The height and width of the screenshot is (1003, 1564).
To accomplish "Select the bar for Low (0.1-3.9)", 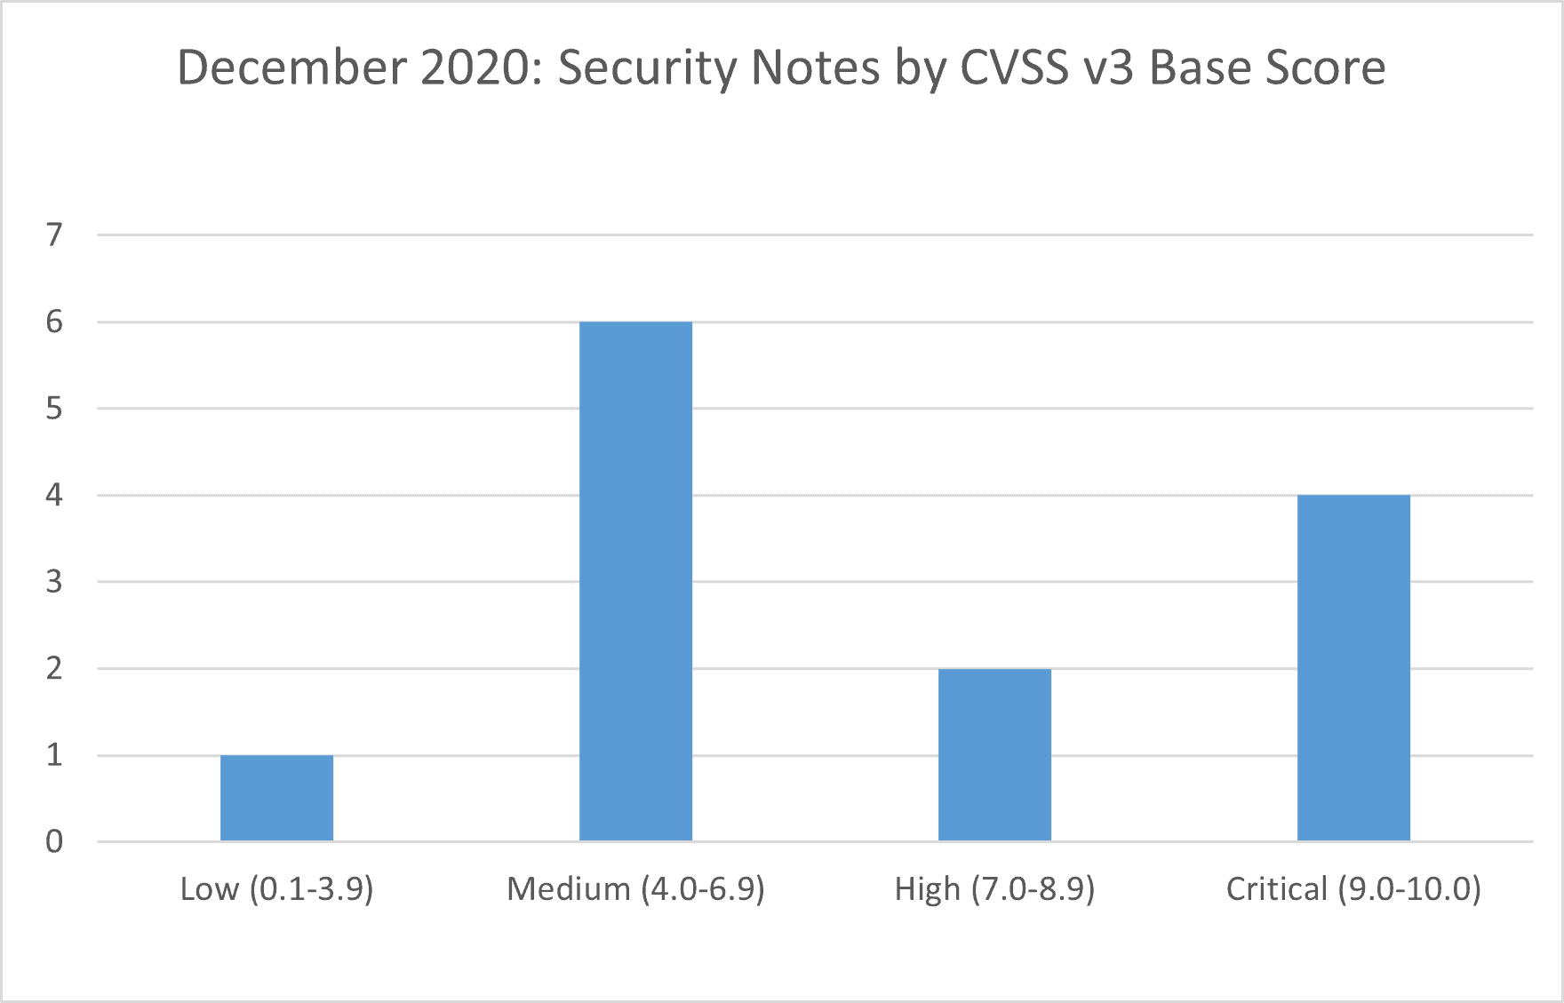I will (x=276, y=798).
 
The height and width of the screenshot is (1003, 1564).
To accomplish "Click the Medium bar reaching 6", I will (x=635, y=581).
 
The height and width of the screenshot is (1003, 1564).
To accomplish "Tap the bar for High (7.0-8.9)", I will (x=994, y=754).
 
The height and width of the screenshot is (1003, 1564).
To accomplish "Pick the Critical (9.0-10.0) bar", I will (x=1353, y=667).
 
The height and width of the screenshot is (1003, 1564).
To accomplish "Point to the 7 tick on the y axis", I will (x=55, y=235).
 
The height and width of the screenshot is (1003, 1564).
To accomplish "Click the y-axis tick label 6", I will (x=55, y=322).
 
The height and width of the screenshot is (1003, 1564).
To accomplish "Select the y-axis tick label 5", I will (x=55, y=409).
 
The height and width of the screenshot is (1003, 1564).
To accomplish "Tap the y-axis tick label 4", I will (x=55, y=495).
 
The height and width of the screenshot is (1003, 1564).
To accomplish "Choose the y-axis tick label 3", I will (x=55, y=582).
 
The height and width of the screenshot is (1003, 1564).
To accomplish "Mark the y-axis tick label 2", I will (x=55, y=668).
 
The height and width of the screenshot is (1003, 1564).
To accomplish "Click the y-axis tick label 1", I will (x=55, y=755).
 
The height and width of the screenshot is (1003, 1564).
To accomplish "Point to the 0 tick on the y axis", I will (x=55, y=841).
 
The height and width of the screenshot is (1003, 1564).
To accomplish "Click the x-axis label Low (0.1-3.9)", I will (x=276, y=888).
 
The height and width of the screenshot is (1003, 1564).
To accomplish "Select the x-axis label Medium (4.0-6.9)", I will (x=635, y=888).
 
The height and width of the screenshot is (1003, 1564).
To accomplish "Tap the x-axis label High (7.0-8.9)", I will (x=994, y=888).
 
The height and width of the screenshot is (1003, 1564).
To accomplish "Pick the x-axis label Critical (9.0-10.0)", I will (x=1353, y=888).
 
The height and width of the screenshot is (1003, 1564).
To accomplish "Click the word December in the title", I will (x=291, y=68).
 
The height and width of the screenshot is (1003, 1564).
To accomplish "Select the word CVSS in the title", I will (x=1015, y=68).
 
